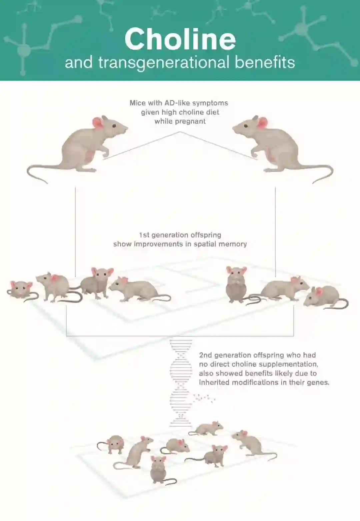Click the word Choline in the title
180,39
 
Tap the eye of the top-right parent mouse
246,126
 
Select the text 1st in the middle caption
144,235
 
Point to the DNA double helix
181,384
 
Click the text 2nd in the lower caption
206,355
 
